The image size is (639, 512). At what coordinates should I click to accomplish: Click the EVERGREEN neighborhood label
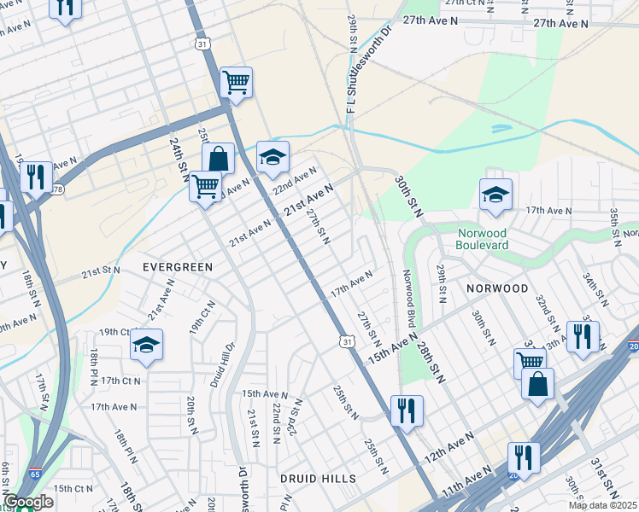(x=177, y=267)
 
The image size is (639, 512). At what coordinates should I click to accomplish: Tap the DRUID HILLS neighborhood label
(x=318, y=479)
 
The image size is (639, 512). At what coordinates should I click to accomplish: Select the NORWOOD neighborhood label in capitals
(x=497, y=288)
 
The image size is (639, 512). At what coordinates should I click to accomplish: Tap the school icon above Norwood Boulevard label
(x=495, y=195)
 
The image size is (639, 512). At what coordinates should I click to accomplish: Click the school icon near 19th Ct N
(x=146, y=346)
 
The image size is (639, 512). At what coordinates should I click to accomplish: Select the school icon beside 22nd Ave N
(x=273, y=158)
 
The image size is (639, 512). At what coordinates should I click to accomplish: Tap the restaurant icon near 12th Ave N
(x=407, y=410)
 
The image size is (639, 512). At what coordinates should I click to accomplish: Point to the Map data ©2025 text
(x=603, y=505)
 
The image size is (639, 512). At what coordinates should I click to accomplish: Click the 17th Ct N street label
(x=120, y=381)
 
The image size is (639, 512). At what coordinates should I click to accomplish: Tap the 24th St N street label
(x=179, y=160)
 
